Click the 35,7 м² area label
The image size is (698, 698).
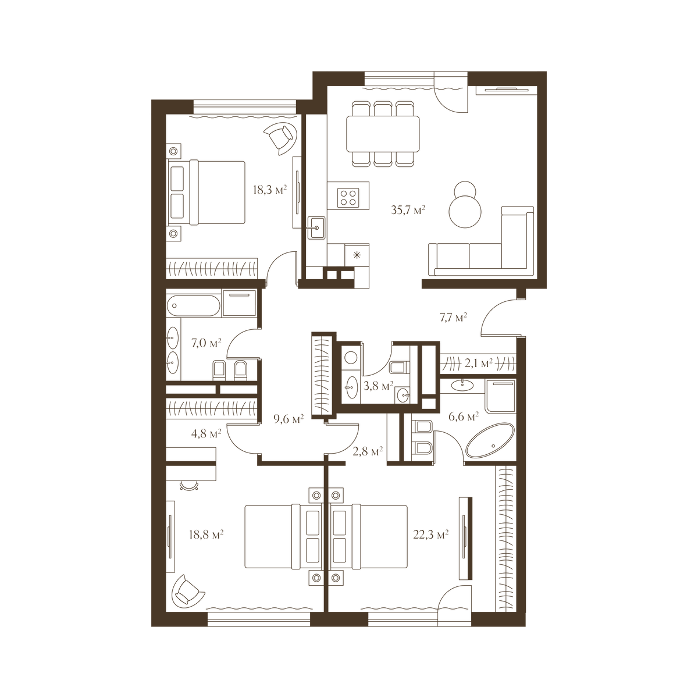pyautogui.click(x=408, y=209)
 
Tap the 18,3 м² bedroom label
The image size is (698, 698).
pyautogui.click(x=269, y=190)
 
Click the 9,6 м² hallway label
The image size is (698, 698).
pyautogui.click(x=289, y=419)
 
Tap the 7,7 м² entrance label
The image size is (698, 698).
pyautogui.click(x=453, y=318)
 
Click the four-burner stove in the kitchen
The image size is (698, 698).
pyautogui.click(x=348, y=198)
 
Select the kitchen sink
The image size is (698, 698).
pyautogui.click(x=316, y=227)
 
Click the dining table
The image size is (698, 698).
pyautogui.click(x=383, y=134)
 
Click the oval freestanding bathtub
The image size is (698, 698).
pyautogui.click(x=490, y=440)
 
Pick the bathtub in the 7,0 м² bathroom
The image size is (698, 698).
pyautogui.click(x=194, y=306)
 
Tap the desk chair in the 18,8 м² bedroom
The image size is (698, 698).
pyautogui.click(x=189, y=486)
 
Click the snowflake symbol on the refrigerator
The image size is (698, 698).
pyautogui.click(x=357, y=255)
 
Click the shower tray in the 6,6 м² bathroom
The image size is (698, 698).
pyautogui.click(x=500, y=396)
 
